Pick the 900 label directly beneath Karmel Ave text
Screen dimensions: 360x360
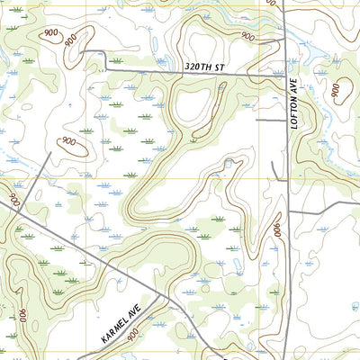coord(133,335)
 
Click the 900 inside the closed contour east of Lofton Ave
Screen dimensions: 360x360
coord(340,90)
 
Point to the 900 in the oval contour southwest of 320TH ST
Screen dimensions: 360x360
coord(67,141)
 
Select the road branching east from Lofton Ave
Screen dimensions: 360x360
coord(324,213)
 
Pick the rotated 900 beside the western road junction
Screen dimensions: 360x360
coord(13,195)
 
